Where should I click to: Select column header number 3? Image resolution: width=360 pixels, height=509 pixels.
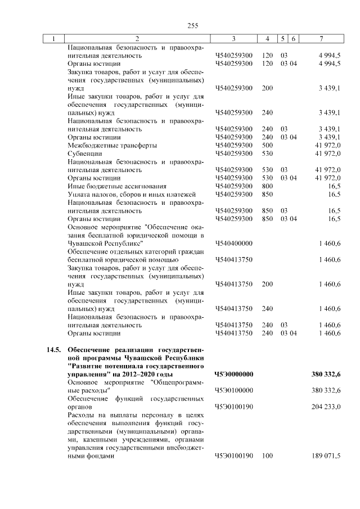[x=233, y=38]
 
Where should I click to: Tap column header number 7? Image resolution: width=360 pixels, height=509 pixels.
[x=321, y=38]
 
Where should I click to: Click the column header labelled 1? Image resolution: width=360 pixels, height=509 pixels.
[x=53, y=38]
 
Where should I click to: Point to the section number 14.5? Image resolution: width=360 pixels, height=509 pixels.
[x=53, y=350]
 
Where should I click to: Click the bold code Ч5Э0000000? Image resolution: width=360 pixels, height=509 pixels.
[x=233, y=374]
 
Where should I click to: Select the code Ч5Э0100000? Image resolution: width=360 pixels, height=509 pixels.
[x=233, y=390]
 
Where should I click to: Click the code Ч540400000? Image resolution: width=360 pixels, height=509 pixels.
[x=233, y=243]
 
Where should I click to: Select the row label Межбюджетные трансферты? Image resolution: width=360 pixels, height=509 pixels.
[x=105, y=145]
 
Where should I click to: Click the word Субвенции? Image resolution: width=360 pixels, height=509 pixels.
[x=84, y=153]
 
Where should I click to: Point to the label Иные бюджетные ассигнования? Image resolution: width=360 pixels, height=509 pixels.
[x=109, y=186]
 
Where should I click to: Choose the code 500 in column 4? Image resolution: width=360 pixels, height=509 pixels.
[x=267, y=145]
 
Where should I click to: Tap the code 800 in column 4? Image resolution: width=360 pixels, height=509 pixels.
[x=267, y=186]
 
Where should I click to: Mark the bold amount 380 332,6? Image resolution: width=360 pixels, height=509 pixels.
[x=326, y=374]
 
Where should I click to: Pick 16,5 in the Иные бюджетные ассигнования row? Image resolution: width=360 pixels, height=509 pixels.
[x=334, y=186]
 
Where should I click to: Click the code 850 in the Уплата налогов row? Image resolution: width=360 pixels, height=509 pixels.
[x=267, y=194]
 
